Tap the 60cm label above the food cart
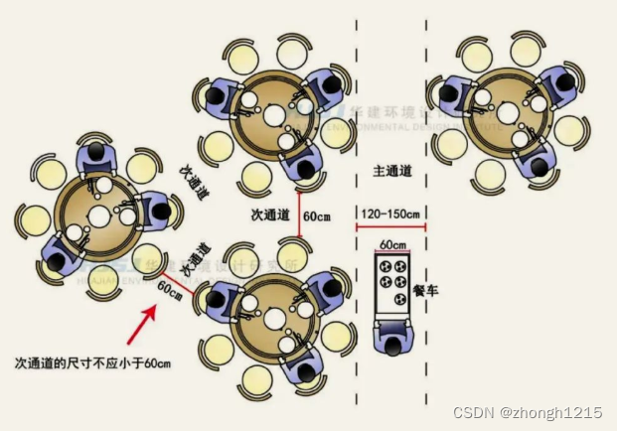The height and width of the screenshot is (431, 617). point(392,244)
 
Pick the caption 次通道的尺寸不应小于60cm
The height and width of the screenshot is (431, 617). point(93,363)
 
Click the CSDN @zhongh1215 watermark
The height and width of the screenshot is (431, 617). point(528,412)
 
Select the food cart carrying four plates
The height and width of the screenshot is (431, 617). point(392,283)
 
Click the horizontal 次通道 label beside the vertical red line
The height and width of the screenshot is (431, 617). point(270,214)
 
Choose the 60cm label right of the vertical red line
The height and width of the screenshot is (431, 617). point(318,215)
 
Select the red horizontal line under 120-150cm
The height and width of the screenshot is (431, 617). point(391,225)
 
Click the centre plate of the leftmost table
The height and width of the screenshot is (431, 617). point(99,216)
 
